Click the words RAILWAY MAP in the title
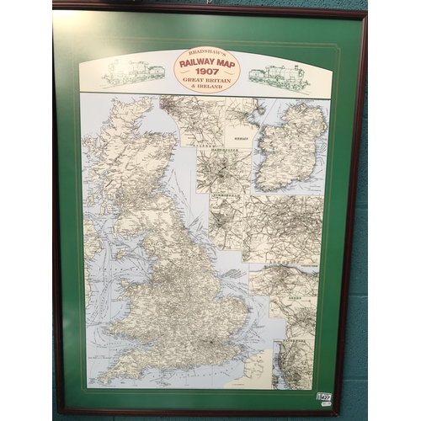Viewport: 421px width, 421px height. (x=206, y=61)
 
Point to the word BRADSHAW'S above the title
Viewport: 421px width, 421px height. (x=206, y=52)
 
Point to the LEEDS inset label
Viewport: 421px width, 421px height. (x=283, y=297)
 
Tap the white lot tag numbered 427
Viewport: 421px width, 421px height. (x=324, y=397)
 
